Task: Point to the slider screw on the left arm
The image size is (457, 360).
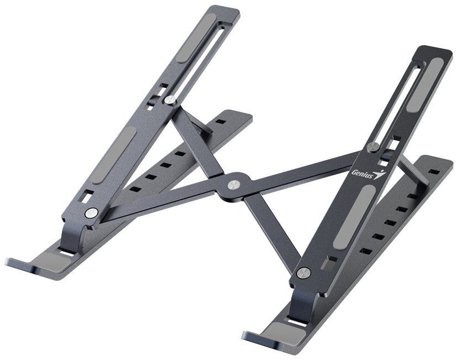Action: pyautogui.click(x=169, y=100)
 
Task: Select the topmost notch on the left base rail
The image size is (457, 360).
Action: pyautogui.click(x=220, y=122)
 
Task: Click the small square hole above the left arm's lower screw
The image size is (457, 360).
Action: pyautogui.click(x=88, y=196)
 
